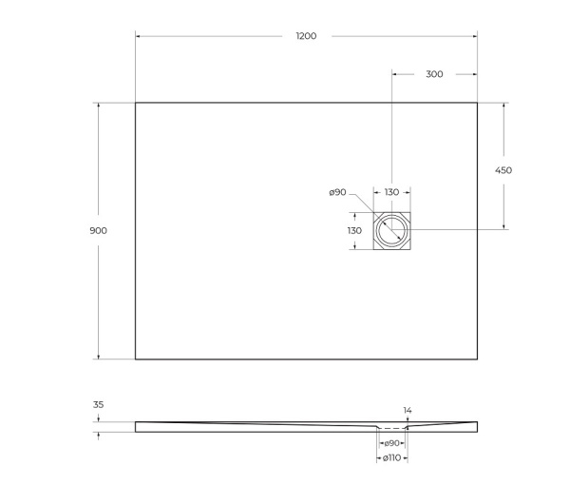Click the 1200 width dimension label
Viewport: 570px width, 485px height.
point(306,36)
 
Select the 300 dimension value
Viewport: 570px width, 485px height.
point(433,74)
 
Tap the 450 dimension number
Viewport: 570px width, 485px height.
point(503,170)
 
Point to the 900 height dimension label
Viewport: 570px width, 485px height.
point(100,231)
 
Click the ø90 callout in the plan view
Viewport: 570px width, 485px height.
point(337,193)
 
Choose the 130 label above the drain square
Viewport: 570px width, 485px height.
point(391,193)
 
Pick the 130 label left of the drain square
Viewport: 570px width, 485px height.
point(354,230)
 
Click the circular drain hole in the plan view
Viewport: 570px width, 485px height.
point(391,230)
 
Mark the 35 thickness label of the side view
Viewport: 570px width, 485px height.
point(98,405)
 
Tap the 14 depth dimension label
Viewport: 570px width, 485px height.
point(408,411)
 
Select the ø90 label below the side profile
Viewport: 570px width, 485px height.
point(390,443)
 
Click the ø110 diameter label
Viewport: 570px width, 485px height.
point(391,458)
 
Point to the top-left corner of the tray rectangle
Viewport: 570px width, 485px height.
point(136,103)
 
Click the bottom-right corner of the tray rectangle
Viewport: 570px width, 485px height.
point(477,359)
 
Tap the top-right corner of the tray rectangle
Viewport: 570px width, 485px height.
point(477,103)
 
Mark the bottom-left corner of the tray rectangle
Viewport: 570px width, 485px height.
point(136,359)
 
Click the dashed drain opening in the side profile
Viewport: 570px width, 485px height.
point(391,429)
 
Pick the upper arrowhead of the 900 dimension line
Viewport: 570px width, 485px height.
point(99,106)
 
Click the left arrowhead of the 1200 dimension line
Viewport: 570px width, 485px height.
point(139,36)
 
